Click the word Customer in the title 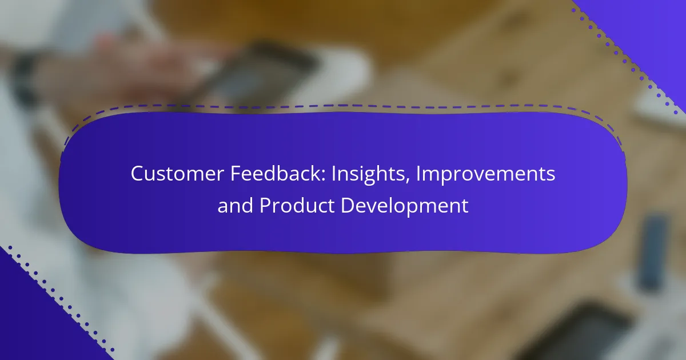(177, 173)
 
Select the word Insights (370, 174)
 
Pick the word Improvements (485, 174)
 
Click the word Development (405, 206)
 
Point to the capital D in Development (348, 205)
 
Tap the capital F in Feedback (236, 174)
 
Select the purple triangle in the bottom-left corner (37, 321)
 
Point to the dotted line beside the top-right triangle (625, 62)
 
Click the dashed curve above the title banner (343, 106)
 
